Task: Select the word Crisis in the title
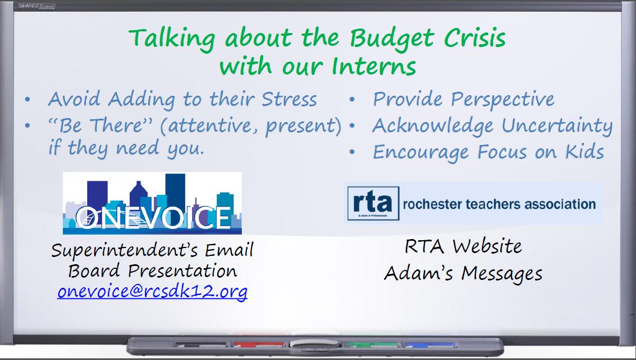(475, 38)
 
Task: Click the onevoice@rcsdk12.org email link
(152, 292)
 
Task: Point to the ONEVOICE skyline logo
(152, 203)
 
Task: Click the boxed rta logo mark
(373, 203)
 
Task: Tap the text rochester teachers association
(499, 204)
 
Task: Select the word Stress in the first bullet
(289, 99)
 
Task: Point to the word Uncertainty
(557, 126)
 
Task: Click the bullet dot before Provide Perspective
(352, 100)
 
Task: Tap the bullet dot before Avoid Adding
(27, 100)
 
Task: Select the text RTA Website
(463, 246)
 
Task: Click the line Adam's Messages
(463, 274)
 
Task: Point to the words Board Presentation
(152, 271)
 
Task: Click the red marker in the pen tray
(258, 345)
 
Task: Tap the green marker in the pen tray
(371, 345)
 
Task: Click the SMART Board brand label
(36, 6)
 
